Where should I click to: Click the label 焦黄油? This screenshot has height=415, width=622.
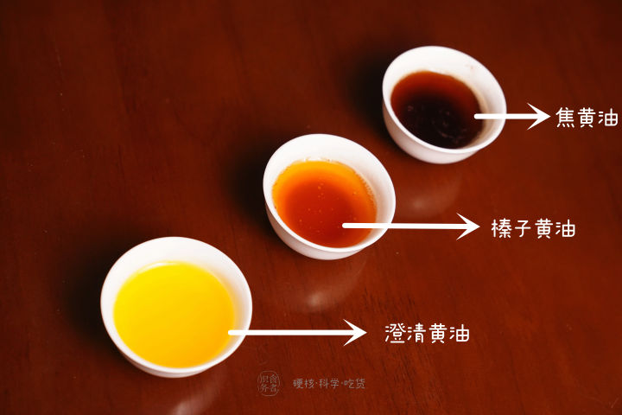click(x=587, y=118)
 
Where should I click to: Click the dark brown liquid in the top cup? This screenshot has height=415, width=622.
click(x=436, y=108)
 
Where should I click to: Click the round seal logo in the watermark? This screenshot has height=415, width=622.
click(x=270, y=383)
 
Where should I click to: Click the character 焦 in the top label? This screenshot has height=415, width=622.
click(x=567, y=118)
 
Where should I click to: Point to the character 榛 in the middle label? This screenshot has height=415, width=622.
click(x=500, y=229)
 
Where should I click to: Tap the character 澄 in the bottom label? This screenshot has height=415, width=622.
click(x=395, y=332)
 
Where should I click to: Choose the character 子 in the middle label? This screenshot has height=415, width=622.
click(x=522, y=229)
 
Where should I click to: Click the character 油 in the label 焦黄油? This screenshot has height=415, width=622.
click(x=608, y=118)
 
